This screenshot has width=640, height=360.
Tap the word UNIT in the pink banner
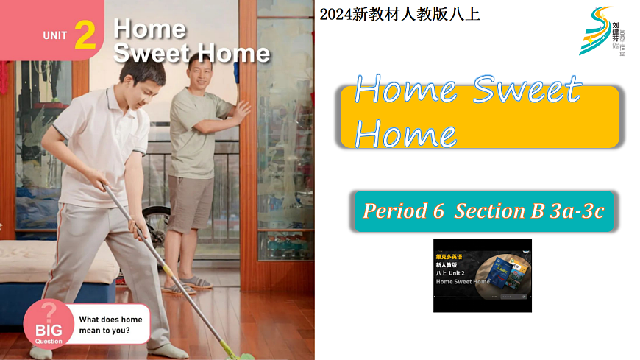(x=55, y=35)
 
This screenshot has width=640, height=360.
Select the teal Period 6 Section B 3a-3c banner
(x=483, y=211)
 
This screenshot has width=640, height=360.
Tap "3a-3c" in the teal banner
(x=577, y=211)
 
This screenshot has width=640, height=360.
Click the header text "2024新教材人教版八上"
(x=400, y=13)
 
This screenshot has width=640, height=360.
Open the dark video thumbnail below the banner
(x=482, y=275)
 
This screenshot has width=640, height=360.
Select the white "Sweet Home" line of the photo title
(x=192, y=53)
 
